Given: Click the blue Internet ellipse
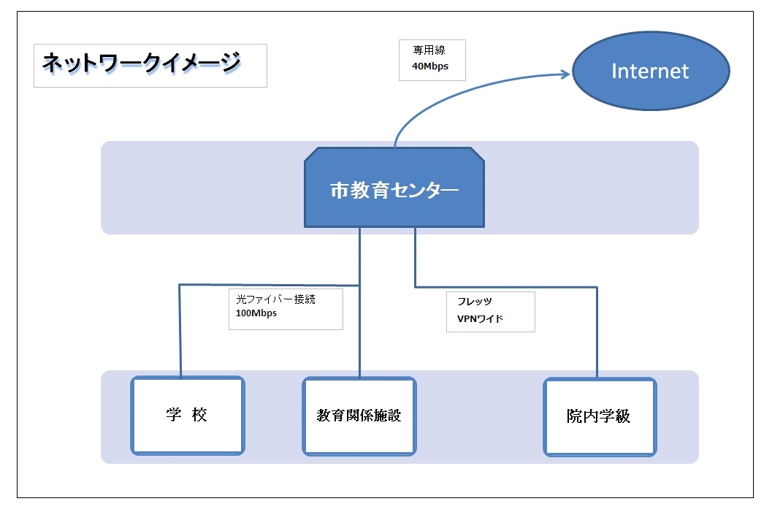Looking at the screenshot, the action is (650, 71).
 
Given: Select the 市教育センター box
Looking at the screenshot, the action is (394, 188).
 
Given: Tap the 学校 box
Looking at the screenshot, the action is (188, 416).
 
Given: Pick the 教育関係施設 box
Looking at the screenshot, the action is (359, 416).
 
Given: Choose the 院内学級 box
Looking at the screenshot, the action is (600, 417).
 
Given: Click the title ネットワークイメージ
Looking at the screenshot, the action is (141, 63).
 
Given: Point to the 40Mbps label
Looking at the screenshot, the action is (430, 66).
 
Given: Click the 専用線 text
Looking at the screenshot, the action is (429, 50).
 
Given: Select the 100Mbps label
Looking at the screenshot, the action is (256, 313).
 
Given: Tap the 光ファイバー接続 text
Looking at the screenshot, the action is (276, 299).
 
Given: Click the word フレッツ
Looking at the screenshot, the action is (475, 302).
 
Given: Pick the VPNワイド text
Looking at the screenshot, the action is (480, 319).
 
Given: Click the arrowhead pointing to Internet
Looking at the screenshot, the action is (565, 74).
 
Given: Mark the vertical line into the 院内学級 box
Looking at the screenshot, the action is (597, 332).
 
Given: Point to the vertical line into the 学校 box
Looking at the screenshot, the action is (180, 331).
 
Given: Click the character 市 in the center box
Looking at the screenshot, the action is (339, 190).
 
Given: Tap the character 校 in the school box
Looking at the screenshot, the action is (199, 415).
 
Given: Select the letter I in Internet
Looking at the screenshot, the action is (614, 72).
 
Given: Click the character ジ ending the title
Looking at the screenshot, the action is (230, 63).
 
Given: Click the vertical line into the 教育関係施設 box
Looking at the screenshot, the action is (360, 302).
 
